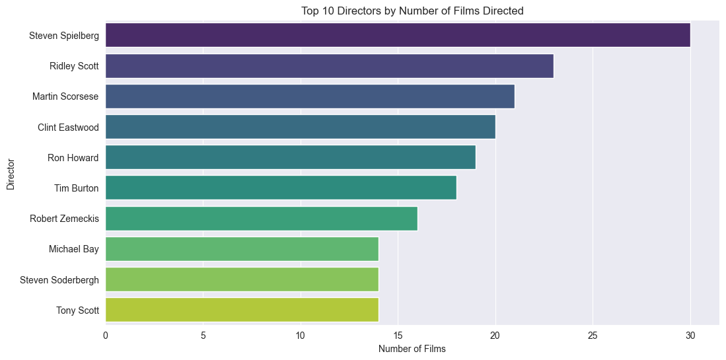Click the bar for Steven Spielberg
pyautogui.click(x=397, y=35)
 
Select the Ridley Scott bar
pyautogui.click(x=329, y=65)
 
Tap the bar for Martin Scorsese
pyautogui.click(x=309, y=96)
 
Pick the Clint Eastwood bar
pyautogui.click(x=300, y=127)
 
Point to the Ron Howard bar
pyautogui.click(x=290, y=157)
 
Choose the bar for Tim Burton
pyautogui.click(x=280, y=188)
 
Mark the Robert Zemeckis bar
pyautogui.click(x=261, y=219)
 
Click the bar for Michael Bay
pyautogui.click(x=242, y=249)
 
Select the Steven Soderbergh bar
pyautogui.click(x=242, y=279)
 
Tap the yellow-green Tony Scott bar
pyautogui.click(x=242, y=310)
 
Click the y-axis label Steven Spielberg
pyautogui.click(x=64, y=36)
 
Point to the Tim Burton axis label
pyautogui.click(x=76, y=188)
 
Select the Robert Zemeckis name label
pyautogui.click(x=64, y=219)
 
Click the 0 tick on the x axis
pyautogui.click(x=106, y=336)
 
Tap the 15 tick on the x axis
pyautogui.click(x=398, y=336)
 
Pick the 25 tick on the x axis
pyautogui.click(x=593, y=336)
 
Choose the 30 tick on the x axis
pyautogui.click(x=690, y=336)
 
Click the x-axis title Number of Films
pyautogui.click(x=412, y=349)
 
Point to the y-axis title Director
pyautogui.click(x=11, y=173)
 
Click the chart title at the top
pyautogui.click(x=412, y=11)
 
